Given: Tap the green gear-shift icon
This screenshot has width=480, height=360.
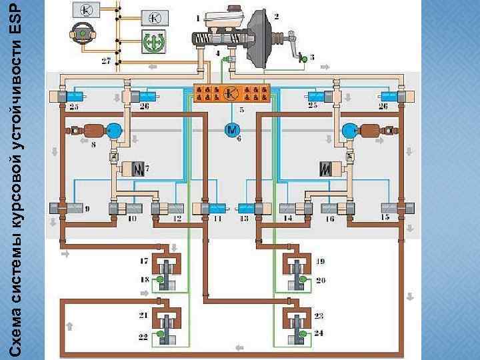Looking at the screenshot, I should click(155, 42).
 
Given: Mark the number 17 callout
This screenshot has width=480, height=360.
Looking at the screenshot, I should click(144, 259).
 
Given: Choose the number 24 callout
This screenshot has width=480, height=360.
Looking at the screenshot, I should click(319, 332).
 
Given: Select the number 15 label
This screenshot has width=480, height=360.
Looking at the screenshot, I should click(385, 217).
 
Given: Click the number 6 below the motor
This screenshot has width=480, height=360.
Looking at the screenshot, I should click(239, 138).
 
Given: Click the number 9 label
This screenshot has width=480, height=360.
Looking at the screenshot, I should click(87, 209).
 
